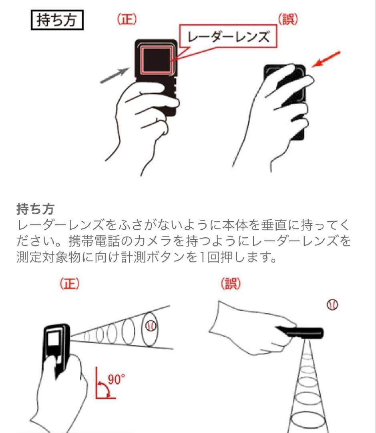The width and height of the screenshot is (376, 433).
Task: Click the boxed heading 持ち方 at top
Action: point(57,20)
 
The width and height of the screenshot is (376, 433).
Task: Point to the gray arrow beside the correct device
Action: point(115,75)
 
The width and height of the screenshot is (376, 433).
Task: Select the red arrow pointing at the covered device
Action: point(326,59)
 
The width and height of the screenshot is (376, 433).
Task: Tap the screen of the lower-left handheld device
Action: point(53,340)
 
